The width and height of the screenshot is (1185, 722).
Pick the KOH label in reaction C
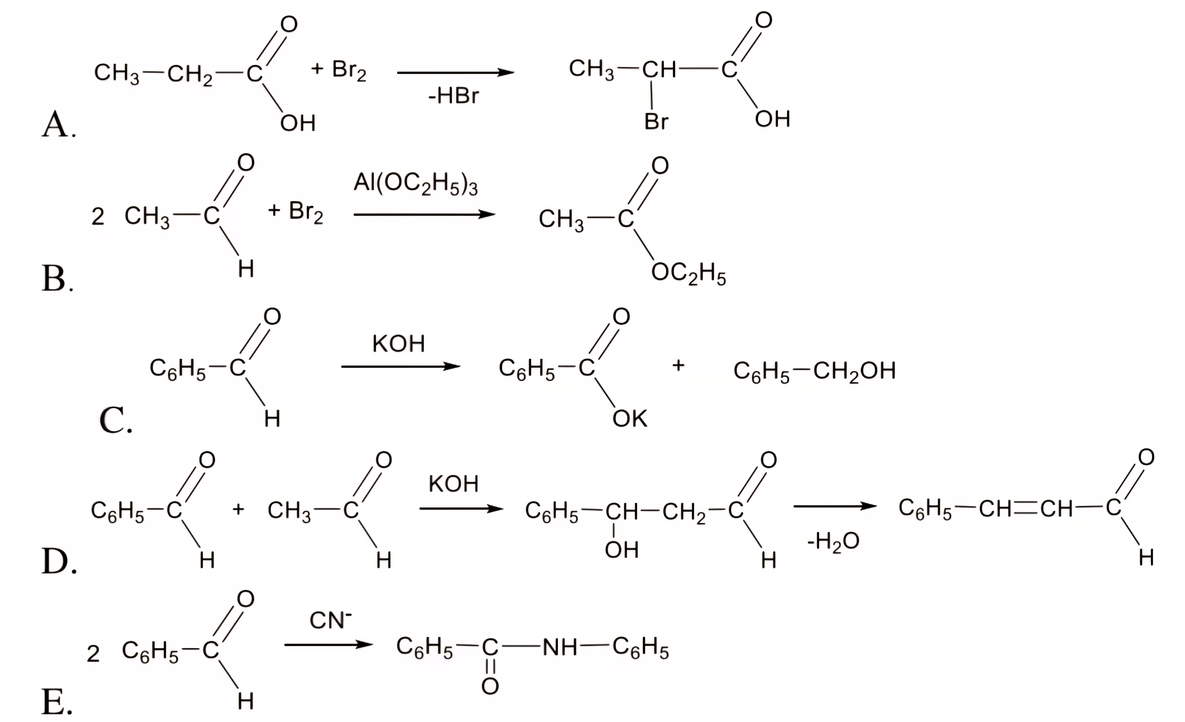click(x=399, y=344)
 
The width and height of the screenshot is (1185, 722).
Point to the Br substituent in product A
click(x=656, y=121)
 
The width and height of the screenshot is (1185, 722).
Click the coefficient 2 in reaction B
click(x=98, y=217)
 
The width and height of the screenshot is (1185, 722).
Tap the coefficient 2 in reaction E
click(x=93, y=654)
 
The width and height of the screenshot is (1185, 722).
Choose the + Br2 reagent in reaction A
click(x=339, y=70)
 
